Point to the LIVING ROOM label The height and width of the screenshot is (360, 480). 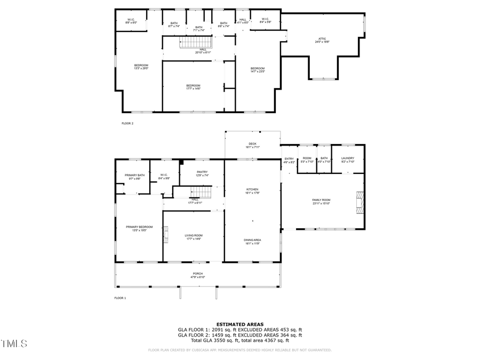point(194,236)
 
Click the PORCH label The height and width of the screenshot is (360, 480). point(198,275)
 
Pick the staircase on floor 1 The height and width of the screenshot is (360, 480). point(203,192)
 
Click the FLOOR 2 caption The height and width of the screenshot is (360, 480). point(127,123)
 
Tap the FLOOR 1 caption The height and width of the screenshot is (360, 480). point(120,298)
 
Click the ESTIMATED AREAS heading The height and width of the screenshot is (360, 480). point(238,324)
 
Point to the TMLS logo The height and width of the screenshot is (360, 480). point(14,344)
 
